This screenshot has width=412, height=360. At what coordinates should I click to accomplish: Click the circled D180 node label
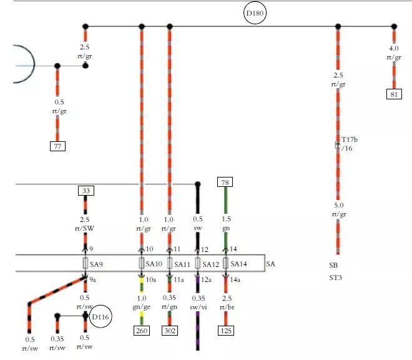click(x=256, y=12)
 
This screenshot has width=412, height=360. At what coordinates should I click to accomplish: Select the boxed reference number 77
click(x=57, y=147)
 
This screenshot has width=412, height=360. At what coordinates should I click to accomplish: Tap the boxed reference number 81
click(x=393, y=94)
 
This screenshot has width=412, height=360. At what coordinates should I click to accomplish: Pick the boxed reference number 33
click(x=86, y=190)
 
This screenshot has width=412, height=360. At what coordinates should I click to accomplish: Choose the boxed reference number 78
click(x=225, y=182)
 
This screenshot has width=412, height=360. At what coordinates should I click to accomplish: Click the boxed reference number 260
click(x=142, y=331)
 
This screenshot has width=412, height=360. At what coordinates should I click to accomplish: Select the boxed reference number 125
click(x=225, y=331)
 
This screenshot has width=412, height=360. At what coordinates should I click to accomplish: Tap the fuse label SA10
click(x=154, y=264)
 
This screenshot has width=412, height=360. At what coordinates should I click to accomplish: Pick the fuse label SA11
click(x=182, y=264)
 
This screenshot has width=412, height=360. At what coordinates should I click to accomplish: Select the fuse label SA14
click(x=239, y=264)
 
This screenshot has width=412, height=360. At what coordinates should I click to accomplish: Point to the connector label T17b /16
click(x=350, y=144)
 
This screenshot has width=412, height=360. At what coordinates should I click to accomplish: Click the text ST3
click(x=338, y=278)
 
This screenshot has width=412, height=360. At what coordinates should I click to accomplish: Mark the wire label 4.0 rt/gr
click(x=393, y=53)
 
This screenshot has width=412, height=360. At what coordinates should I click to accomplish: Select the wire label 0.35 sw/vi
click(x=198, y=302)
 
